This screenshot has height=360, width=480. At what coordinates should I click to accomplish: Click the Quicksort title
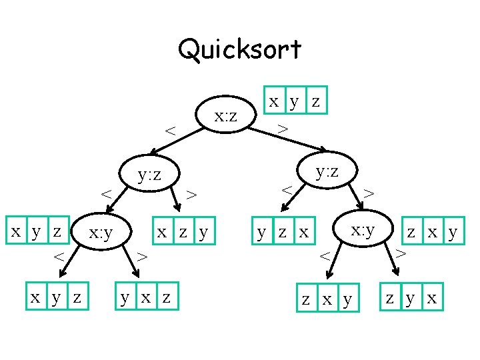239,49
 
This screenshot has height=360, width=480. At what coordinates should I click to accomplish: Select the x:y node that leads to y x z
100,233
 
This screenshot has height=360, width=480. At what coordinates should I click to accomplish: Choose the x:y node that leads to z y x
363,231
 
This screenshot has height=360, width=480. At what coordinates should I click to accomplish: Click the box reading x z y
183,232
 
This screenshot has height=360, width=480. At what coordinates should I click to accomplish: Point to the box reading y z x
284,233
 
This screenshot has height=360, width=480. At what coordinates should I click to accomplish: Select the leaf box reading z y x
411,297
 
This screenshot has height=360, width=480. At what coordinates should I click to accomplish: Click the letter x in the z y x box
432,297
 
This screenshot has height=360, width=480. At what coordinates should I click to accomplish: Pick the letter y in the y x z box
125,297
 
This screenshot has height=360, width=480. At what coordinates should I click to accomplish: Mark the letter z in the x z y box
182,232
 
